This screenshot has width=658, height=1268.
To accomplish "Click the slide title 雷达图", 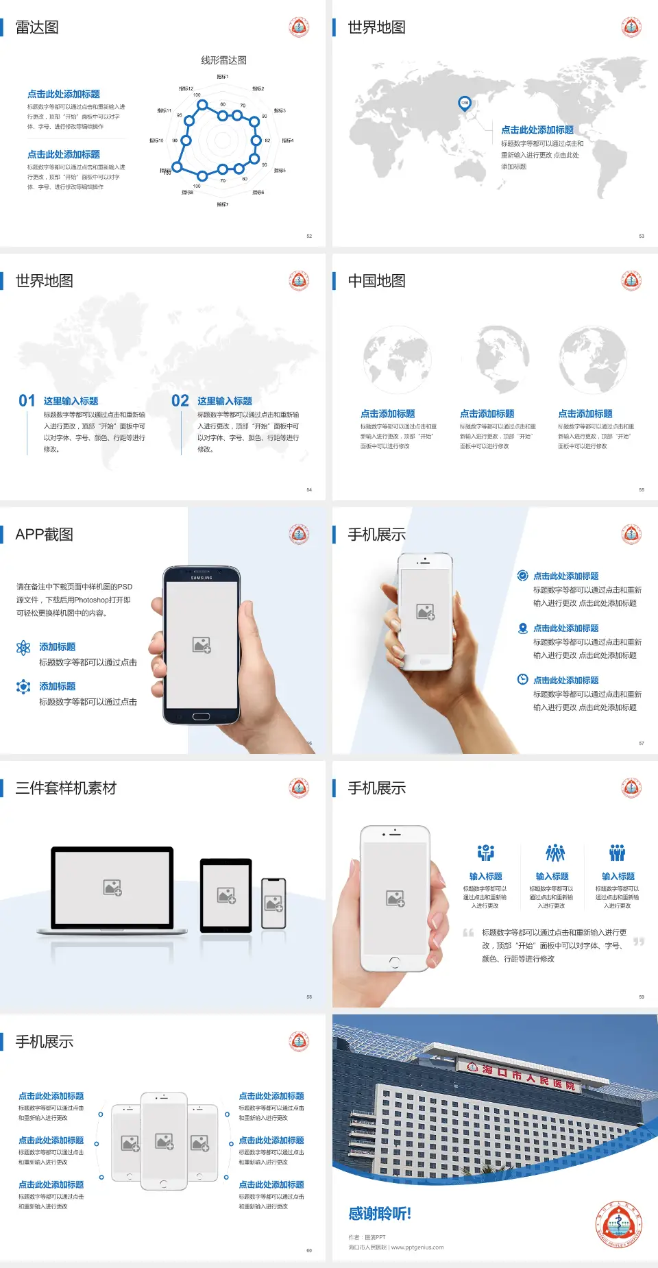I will pyautogui.click(x=37, y=27).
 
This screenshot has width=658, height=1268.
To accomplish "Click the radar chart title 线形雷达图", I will pyautogui.click(x=223, y=60).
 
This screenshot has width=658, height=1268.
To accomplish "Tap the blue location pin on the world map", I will pyautogui.click(x=465, y=103).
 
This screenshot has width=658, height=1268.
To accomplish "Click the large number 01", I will pyautogui.click(x=27, y=401).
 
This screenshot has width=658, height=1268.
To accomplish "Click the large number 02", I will pyautogui.click(x=180, y=401).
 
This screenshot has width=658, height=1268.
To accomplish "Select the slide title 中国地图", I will pyautogui.click(x=376, y=281).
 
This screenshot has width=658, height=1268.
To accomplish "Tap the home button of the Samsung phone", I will pyautogui.click(x=201, y=716).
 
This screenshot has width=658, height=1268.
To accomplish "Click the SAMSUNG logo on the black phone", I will pyautogui.click(x=202, y=578).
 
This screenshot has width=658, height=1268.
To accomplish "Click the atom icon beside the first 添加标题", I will pyautogui.click(x=23, y=648).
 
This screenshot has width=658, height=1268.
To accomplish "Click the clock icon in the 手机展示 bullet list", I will pyautogui.click(x=522, y=679).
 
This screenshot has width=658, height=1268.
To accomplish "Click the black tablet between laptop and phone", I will pyautogui.click(x=226, y=894).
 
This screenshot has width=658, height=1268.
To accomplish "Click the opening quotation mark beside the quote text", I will pyautogui.click(x=468, y=933).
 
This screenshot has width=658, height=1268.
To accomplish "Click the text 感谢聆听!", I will pyautogui.click(x=380, y=1214).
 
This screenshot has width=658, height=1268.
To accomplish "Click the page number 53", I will pyautogui.click(x=642, y=236).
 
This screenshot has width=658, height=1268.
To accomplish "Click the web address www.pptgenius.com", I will pyautogui.click(x=417, y=1247).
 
